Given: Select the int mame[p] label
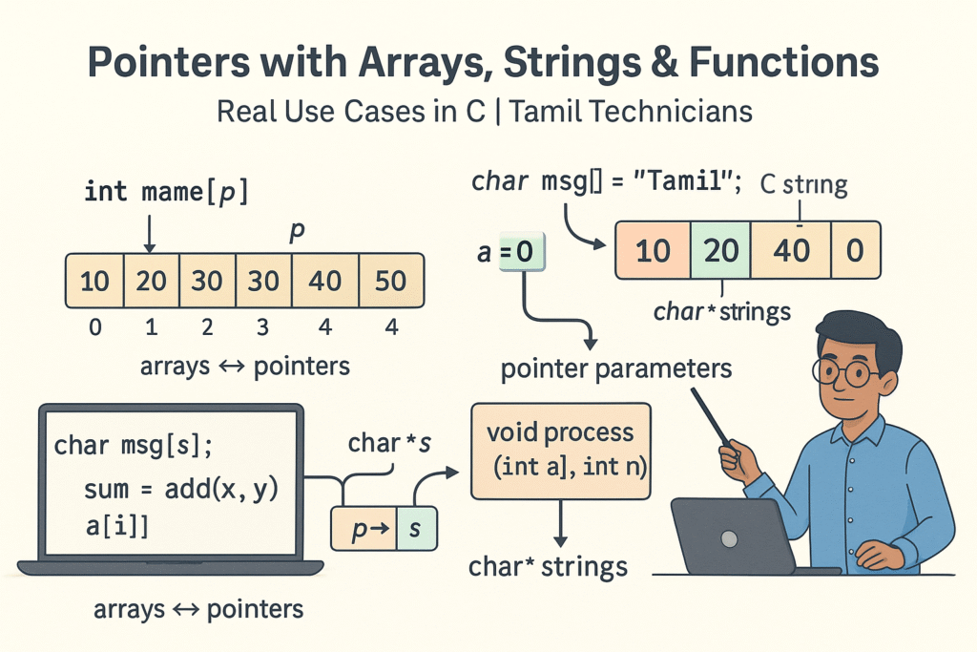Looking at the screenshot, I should click(x=165, y=191).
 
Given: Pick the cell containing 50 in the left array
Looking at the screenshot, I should click(x=389, y=281).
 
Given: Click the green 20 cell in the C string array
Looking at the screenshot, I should click(x=720, y=250).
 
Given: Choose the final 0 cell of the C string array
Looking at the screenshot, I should click(x=855, y=250).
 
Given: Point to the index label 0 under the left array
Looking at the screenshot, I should click(x=94, y=327).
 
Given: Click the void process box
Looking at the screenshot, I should click(x=561, y=450).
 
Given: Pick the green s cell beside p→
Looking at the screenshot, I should click(x=414, y=528).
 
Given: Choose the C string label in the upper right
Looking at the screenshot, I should click(x=802, y=184).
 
